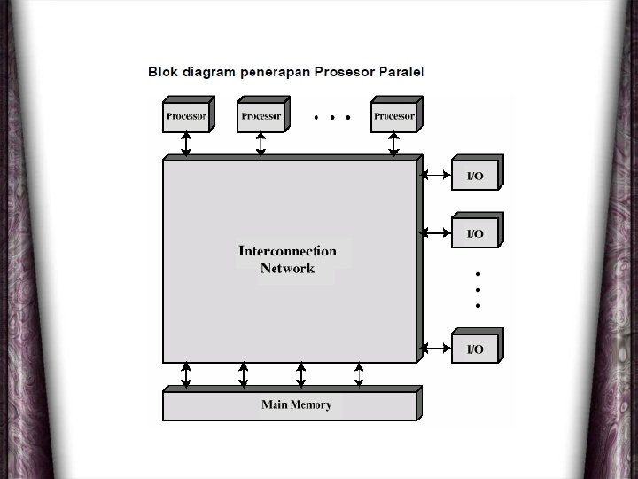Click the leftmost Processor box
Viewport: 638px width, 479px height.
coord(186,116)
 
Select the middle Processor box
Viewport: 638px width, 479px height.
coord(261,116)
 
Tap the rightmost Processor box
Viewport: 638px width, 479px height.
coord(394,116)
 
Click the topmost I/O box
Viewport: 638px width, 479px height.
coord(476,176)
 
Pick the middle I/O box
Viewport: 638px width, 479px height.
coord(476,233)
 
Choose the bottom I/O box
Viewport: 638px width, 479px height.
coord(476,349)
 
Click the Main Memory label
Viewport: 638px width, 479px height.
coord(296,405)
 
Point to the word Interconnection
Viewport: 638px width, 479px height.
coord(287,251)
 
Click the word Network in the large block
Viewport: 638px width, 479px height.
coord(287,268)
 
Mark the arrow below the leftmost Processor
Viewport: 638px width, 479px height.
coord(186,144)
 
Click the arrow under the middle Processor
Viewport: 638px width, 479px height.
coord(261,144)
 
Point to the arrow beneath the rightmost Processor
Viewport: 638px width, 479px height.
coord(393,144)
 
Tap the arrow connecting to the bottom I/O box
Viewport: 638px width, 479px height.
coord(434,348)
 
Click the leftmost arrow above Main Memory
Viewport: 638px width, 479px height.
coord(186,374)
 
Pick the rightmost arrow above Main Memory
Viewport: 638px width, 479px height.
coord(359,374)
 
